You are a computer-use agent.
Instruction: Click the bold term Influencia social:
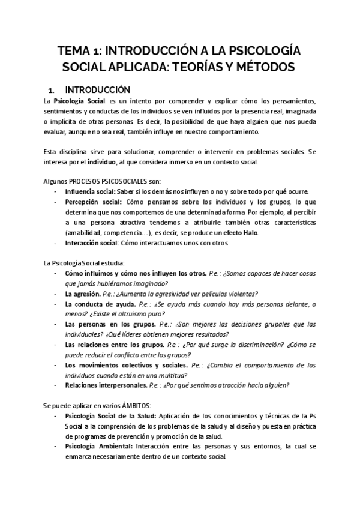pyautogui.click(x=91, y=191)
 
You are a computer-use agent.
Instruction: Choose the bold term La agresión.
pyautogui.click(x=81, y=294)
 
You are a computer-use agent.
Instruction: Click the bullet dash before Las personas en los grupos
pyautogui.click(x=56, y=324)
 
